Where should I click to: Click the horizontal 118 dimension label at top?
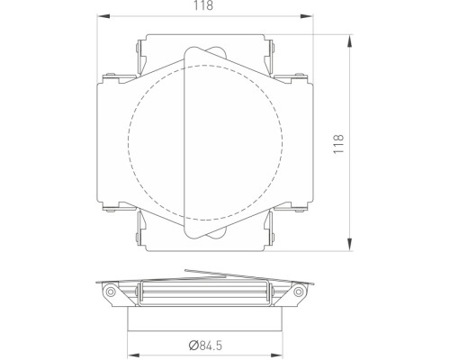[203, 5]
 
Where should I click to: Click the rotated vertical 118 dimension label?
[338, 144]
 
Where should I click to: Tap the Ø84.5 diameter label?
[205, 346]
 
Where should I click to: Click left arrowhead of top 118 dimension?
[103, 16]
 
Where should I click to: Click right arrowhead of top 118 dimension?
[307, 16]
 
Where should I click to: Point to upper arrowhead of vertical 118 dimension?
[349, 40]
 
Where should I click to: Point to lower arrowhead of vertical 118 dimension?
[349, 245]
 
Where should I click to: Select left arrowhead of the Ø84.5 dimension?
[134, 355]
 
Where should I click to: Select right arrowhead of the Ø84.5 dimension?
[276, 355]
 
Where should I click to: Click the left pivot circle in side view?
[110, 292]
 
